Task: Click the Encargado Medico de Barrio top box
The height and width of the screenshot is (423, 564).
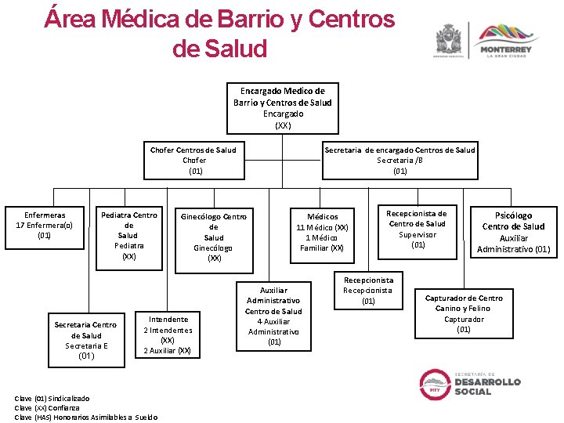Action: [x=282, y=107]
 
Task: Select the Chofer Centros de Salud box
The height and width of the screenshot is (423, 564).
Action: [x=196, y=160]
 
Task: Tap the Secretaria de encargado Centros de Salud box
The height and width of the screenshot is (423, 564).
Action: [x=399, y=160]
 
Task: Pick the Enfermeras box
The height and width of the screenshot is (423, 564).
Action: [x=45, y=225]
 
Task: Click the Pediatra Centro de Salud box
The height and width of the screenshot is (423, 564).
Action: [x=128, y=235]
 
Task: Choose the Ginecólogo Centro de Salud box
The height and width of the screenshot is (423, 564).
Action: [x=213, y=237]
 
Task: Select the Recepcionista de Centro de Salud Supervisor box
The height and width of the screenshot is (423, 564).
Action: [x=418, y=229]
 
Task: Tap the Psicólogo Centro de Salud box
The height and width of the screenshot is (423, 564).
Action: [x=513, y=232]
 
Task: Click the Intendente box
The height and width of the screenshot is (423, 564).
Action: [x=168, y=334]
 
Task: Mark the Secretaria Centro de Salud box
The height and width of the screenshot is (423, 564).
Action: [x=85, y=340]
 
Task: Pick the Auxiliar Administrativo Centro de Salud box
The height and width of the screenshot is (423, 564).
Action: [x=274, y=316]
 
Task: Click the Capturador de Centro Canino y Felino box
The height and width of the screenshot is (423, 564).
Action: [x=464, y=313]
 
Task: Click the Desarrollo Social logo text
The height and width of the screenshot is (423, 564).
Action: [x=487, y=386]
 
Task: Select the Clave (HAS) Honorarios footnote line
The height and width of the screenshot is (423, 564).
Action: [x=86, y=417]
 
